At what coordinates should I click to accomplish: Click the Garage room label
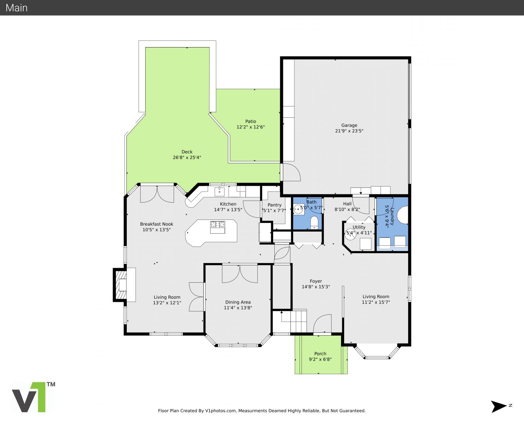click(349, 125)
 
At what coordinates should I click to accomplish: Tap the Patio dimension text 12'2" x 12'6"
click(250, 127)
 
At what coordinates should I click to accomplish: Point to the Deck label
click(187, 152)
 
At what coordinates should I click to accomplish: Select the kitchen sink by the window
click(219, 191)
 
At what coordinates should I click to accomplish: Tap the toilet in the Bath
click(314, 222)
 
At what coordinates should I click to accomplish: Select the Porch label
click(320, 354)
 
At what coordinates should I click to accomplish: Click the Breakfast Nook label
click(157, 224)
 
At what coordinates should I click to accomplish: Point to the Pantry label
click(274, 205)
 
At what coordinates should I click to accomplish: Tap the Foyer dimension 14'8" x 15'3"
click(316, 287)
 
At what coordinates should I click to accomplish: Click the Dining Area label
click(238, 302)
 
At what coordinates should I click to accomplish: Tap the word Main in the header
click(16, 8)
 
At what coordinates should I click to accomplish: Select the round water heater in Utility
click(351, 234)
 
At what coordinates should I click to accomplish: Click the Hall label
click(347, 204)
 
